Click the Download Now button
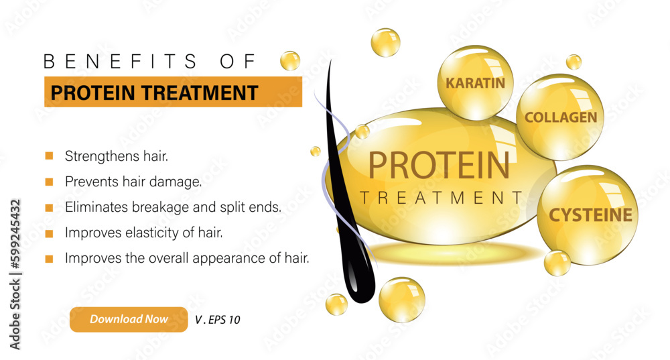[129, 319]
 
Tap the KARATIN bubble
[475, 83]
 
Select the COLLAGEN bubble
[560, 117]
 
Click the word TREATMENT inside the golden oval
[442, 198]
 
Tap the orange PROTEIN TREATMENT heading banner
[173, 92]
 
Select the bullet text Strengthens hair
[117, 156]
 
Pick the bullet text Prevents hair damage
[133, 181]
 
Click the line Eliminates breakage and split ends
[173, 207]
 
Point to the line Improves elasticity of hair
[143, 233]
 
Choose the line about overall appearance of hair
[187, 258]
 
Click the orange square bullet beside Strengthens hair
[49, 156]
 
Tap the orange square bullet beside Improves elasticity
[49, 233]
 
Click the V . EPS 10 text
[217, 320]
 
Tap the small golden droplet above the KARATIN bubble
[385, 42]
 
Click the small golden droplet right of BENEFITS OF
[290, 60]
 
